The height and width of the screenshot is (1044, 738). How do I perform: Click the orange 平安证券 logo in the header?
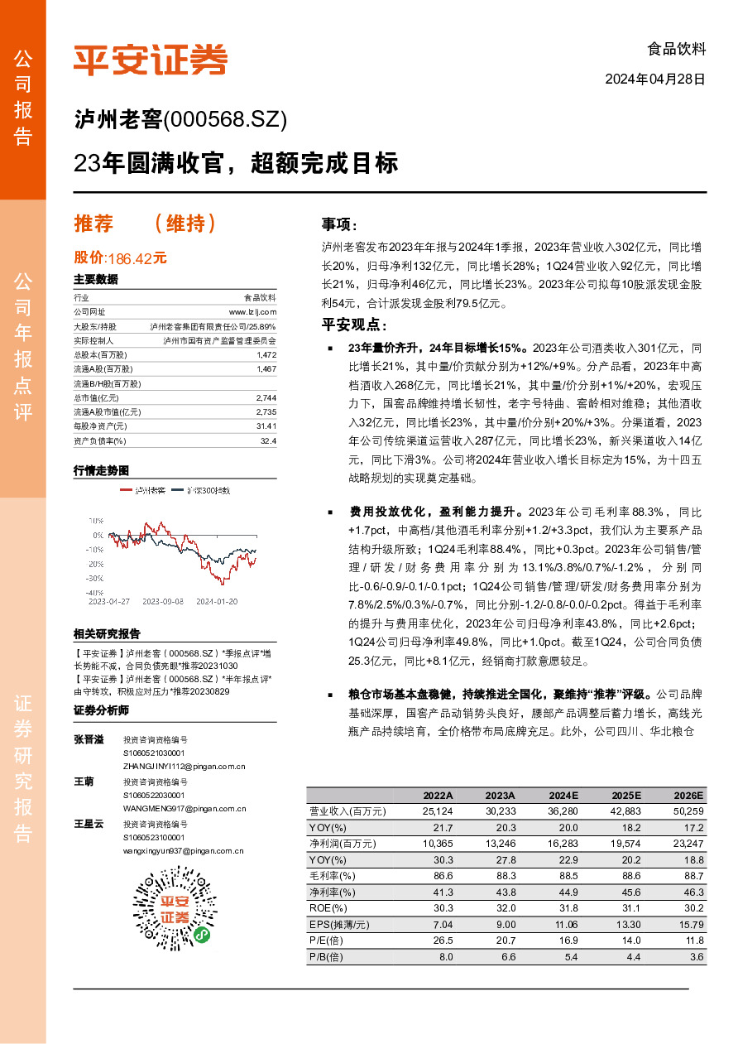click(151, 59)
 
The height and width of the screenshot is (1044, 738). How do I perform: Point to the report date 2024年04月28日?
click(655, 80)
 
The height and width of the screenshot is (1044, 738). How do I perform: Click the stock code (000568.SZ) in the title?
click(226, 121)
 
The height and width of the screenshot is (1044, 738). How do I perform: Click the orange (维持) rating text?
click(186, 224)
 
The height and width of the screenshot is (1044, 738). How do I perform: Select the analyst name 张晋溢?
click(89, 739)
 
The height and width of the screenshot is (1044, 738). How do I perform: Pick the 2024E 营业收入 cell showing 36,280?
click(563, 811)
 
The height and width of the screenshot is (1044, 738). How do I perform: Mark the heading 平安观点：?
click(354, 325)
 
